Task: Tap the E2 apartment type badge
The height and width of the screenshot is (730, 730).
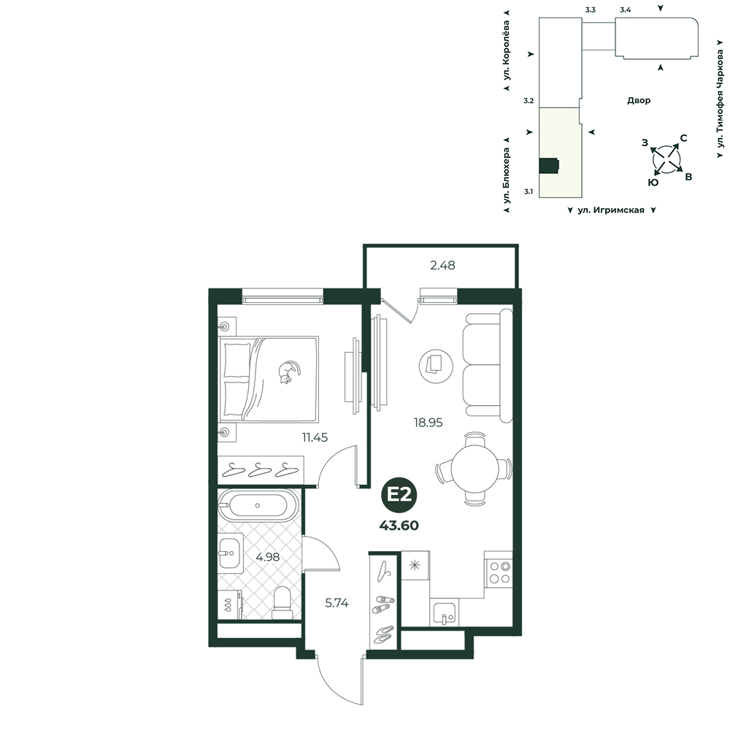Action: coord(399,494)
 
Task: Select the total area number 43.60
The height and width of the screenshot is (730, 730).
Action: coord(399,526)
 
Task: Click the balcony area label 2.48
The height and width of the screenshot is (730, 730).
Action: coord(442,266)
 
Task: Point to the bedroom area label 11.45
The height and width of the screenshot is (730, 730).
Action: coord(315,437)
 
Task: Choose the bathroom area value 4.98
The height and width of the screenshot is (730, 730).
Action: coord(268,557)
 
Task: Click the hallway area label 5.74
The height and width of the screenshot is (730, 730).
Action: coord(337,603)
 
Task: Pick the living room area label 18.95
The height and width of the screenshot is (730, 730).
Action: coord(429,423)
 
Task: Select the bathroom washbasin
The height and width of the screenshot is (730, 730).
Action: coord(231,553)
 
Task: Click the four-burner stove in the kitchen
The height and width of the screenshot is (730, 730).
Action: coord(498,572)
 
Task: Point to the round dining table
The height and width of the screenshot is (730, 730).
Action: coord(474,469)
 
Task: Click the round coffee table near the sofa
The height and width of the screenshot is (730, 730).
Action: coord(436,366)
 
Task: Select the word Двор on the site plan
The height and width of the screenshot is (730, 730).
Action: coord(639,100)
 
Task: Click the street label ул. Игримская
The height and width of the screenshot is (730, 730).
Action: coord(611,210)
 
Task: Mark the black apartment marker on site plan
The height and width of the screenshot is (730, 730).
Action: coord(549,165)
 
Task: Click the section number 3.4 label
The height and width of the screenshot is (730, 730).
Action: coord(626,9)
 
